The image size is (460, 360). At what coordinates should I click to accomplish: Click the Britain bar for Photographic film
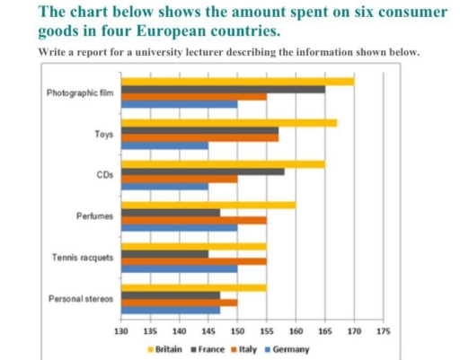237,82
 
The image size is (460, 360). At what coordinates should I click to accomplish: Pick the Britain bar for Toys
229,123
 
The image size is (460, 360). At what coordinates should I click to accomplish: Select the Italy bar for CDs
179,179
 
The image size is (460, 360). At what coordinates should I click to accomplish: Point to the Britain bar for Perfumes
208,205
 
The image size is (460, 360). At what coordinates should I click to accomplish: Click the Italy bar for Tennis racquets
193,260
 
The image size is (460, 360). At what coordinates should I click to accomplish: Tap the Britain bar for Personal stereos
193,287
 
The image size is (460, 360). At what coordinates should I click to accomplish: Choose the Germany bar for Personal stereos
170,310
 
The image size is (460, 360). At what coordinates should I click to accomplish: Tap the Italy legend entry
247,347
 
